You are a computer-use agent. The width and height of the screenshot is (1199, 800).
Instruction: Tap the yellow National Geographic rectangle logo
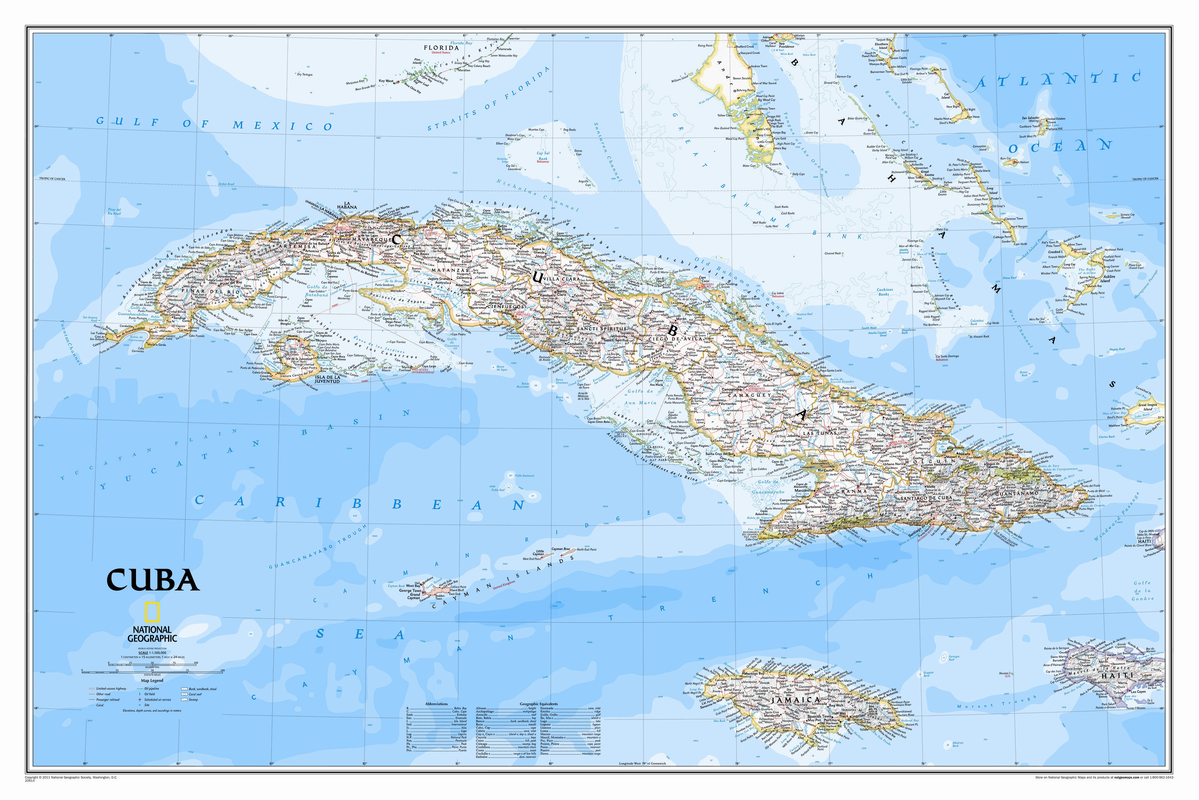click(x=152, y=612)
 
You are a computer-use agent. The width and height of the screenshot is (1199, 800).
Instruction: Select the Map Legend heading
click(x=152, y=680)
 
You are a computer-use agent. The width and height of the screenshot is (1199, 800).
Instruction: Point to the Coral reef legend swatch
click(x=185, y=694)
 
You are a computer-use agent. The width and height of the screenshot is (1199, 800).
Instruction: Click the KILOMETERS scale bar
click(x=152, y=664)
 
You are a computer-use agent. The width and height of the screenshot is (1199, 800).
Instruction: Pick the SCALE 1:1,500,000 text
click(x=152, y=653)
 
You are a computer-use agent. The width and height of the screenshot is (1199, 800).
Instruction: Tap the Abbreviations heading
click(x=436, y=704)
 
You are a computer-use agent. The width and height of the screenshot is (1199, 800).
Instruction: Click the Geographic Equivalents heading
click(x=538, y=704)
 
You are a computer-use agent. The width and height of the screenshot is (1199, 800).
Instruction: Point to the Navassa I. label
click(x=1004, y=674)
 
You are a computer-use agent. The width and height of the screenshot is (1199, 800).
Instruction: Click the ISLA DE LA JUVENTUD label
click(x=327, y=379)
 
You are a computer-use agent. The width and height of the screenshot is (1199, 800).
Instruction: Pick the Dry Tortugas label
click(x=305, y=74)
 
